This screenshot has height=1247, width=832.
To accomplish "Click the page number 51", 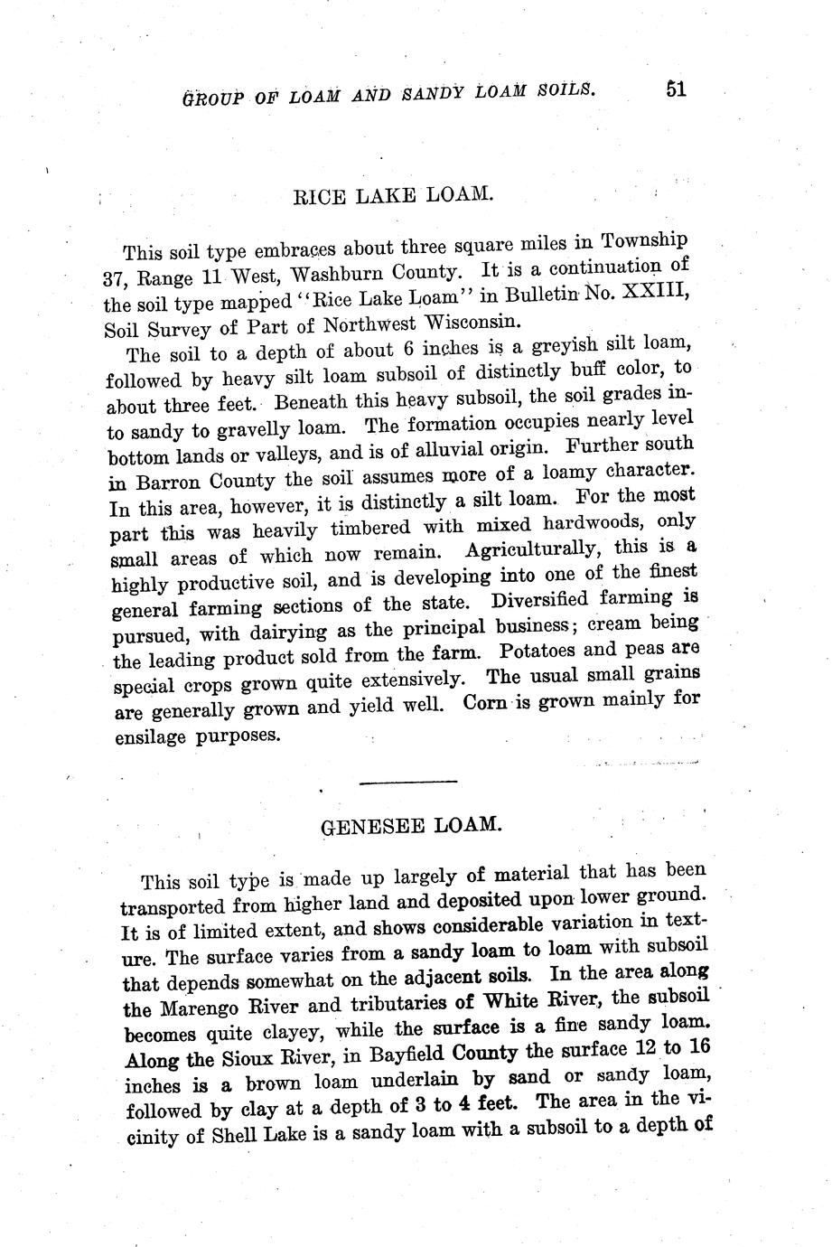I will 677,89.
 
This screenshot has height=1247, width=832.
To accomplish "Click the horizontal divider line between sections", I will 408,780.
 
